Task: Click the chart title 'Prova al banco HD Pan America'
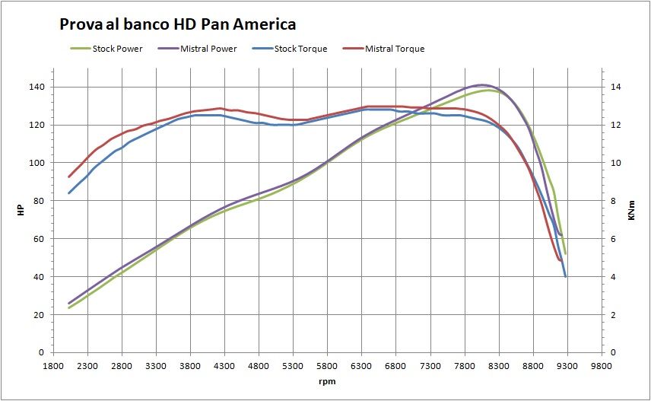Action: pos(177,25)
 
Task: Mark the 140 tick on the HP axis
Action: pos(36,88)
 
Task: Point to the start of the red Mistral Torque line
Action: pos(69,177)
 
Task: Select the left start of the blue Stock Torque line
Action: pos(69,193)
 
